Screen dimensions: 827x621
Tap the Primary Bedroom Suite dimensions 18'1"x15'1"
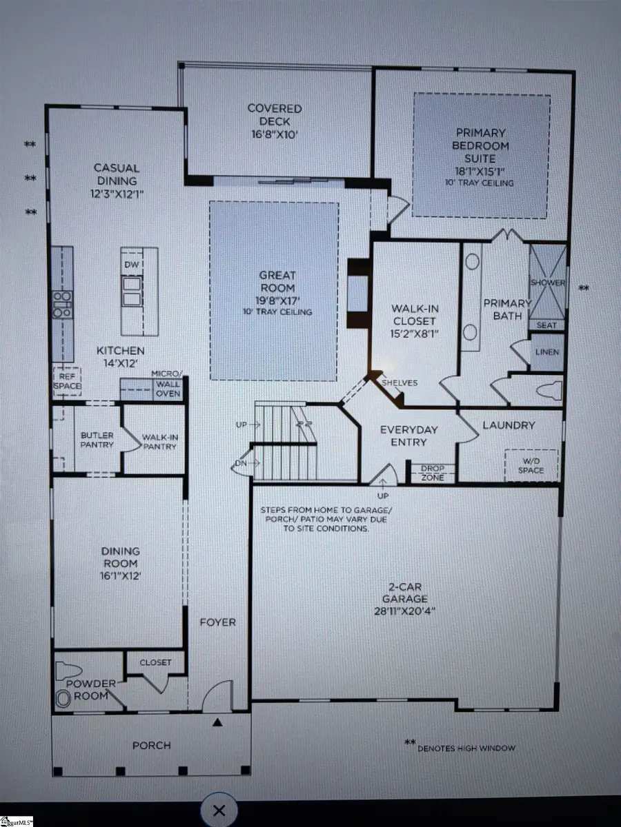pyautogui.click(x=480, y=171)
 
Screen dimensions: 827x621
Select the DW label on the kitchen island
pyautogui.click(x=132, y=265)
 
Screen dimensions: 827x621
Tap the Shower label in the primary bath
pyautogui.click(x=548, y=283)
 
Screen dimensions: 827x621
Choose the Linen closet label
pyautogui.click(x=546, y=352)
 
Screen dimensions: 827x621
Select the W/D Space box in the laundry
pyautogui.click(x=532, y=465)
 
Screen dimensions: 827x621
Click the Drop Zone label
pyautogui.click(x=433, y=473)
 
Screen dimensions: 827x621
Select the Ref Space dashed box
pyautogui.click(x=68, y=382)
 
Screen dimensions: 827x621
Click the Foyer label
pyautogui.click(x=217, y=622)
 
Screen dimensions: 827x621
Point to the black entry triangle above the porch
pyautogui.click(x=218, y=722)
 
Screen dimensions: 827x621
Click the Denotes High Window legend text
pyautogui.click(x=466, y=748)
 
